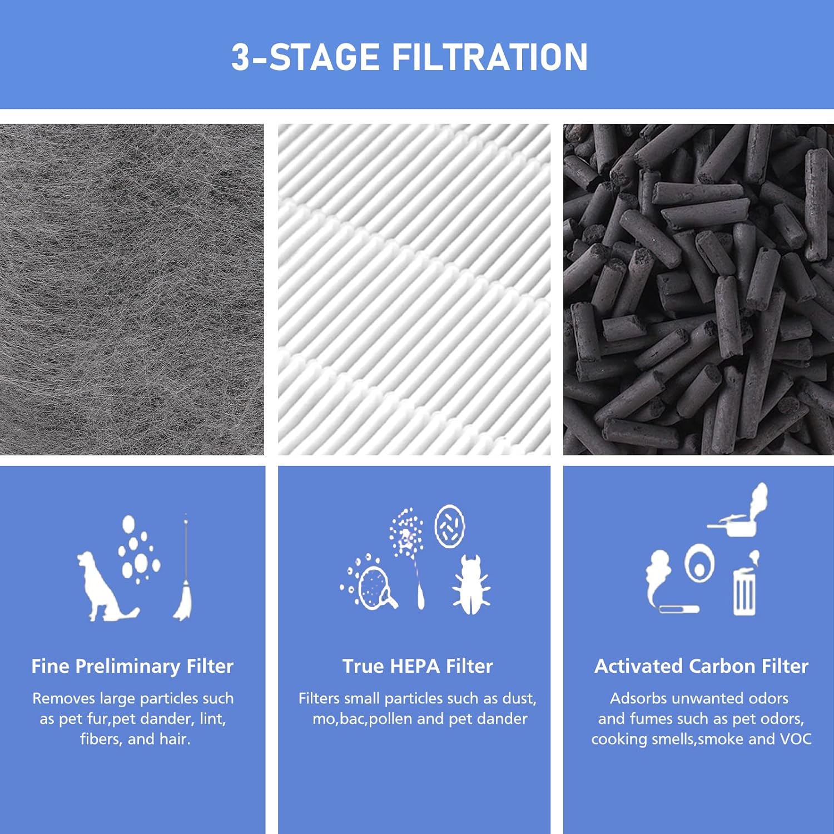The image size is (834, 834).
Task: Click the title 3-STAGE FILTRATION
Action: pyautogui.click(x=409, y=57)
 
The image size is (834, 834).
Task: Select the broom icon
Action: pyautogui.click(x=184, y=573)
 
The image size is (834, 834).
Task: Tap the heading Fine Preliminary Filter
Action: pyautogui.click(x=132, y=666)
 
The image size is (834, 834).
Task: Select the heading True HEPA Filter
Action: pyautogui.click(x=418, y=666)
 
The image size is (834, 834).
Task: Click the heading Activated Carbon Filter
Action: pyautogui.click(x=701, y=666)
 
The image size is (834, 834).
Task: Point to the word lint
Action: pyautogui.click(x=212, y=719)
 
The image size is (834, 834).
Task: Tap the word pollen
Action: pyautogui.click(x=391, y=719)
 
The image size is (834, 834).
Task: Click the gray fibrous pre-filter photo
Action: pyautogui.click(x=132, y=289)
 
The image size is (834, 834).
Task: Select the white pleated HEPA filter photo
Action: pyautogui.click(x=414, y=289)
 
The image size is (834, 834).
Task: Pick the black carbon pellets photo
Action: pyautogui.click(x=698, y=289)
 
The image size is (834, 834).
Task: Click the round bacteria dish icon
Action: pyautogui.click(x=449, y=526)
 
